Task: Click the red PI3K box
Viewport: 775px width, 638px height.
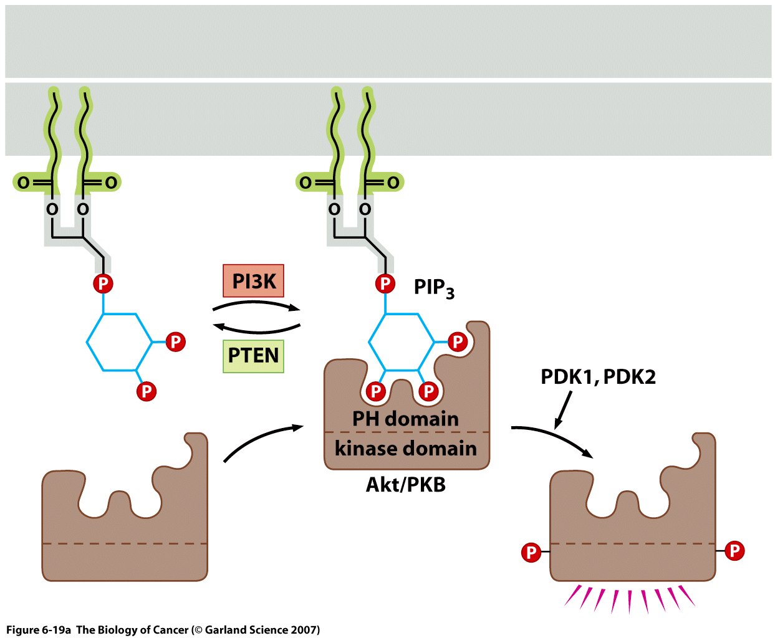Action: coord(253,281)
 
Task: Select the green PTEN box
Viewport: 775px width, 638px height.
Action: coord(253,356)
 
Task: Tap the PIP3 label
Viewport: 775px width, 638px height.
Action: coord(434,288)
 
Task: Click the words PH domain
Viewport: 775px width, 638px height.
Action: coord(405,419)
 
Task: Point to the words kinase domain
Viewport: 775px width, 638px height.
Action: coord(405,449)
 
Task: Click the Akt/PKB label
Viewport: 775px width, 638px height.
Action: coord(405,485)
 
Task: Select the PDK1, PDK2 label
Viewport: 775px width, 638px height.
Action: coord(598,377)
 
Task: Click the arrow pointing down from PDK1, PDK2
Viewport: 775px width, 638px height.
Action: coord(562,410)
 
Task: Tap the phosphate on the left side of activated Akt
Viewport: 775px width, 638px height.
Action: coord(531,552)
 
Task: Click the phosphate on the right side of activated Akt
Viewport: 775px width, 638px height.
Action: coord(734,551)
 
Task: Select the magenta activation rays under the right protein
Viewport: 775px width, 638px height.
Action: coord(630,598)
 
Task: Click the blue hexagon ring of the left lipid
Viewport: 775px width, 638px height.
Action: coord(119,342)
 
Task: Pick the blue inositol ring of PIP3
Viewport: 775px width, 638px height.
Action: coord(402,342)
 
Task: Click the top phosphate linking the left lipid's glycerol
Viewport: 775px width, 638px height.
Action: coord(103,284)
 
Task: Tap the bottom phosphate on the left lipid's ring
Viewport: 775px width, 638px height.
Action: coord(147,391)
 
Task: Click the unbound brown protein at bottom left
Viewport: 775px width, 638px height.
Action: coord(125,536)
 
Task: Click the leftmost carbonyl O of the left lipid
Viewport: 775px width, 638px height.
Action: coord(23,183)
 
